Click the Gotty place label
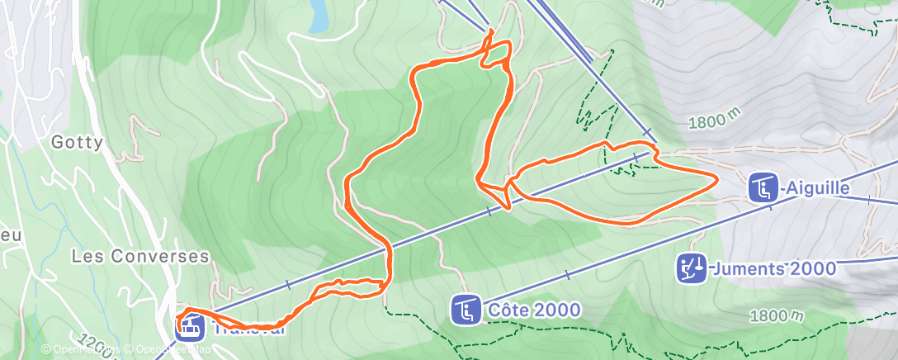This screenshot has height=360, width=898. tap(78, 142)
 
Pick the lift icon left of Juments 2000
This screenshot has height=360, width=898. tap(692, 268)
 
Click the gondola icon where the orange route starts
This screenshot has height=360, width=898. tap(190, 327)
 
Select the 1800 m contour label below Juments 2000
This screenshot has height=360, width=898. tap(777, 316)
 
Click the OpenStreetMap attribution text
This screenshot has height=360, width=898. tap(172, 349)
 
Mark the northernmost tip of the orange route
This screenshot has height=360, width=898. tap(493, 31)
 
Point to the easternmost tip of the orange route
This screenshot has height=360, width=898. tap(716, 182)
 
